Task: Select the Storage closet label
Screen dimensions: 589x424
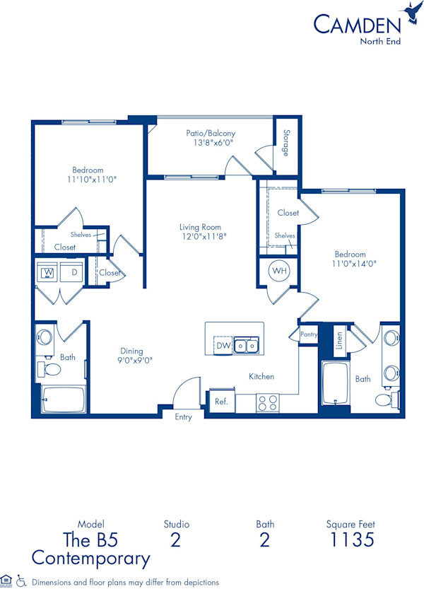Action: [x=286, y=142]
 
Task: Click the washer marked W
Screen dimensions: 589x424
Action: [x=49, y=272]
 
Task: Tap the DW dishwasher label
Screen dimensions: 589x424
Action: [x=223, y=345]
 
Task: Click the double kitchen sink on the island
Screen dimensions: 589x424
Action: [x=247, y=345]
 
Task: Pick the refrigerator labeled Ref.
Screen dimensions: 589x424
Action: [x=220, y=401]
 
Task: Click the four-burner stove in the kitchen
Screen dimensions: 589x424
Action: [x=266, y=402]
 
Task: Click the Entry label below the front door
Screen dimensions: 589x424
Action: [x=183, y=417]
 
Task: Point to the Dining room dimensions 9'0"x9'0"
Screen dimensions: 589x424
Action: [x=131, y=360]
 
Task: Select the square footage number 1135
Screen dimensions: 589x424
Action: [x=351, y=541]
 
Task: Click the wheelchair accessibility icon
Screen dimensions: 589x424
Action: [x=20, y=581]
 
